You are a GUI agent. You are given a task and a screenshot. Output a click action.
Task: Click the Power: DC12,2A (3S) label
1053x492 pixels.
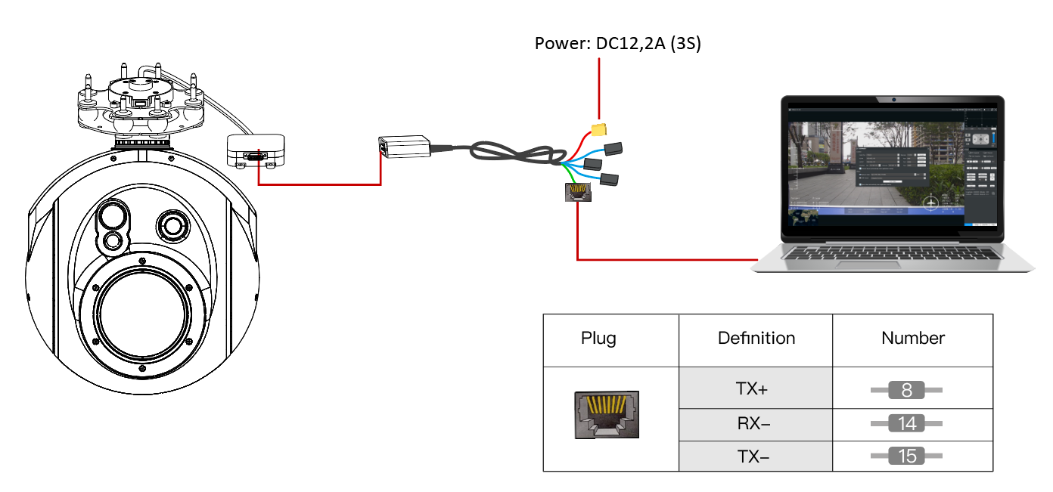(618, 44)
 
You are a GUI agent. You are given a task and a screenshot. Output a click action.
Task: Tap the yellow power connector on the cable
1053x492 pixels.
(600, 129)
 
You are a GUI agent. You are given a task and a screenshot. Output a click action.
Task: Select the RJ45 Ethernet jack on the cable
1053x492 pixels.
(577, 193)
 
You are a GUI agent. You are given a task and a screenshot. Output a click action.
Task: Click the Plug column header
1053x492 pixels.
(598, 338)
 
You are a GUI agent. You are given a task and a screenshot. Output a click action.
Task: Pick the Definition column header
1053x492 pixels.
(756, 338)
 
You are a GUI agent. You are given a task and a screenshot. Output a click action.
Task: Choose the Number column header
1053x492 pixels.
(912, 338)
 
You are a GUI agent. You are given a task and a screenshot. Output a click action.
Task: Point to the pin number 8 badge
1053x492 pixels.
(906, 391)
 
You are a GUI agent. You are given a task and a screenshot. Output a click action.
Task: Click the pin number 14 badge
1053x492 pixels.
(906, 423)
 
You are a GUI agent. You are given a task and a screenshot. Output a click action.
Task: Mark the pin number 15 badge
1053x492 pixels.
(906, 456)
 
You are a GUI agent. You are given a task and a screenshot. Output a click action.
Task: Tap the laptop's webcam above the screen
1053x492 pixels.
(893, 99)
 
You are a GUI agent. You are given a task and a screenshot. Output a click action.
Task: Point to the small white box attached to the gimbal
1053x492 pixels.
(256, 150)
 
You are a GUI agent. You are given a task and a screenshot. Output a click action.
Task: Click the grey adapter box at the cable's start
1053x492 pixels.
(405, 145)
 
